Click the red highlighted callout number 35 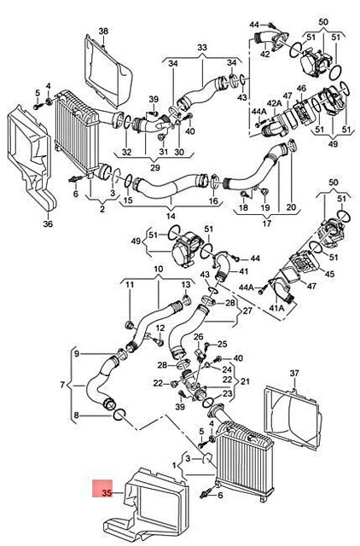tap(106, 492)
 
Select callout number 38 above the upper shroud tap(103, 32)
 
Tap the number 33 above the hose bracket tap(202, 47)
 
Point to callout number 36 tap(48, 224)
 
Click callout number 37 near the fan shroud tap(295, 373)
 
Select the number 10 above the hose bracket tap(158, 270)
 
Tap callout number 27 tap(248, 311)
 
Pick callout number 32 tap(126, 152)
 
